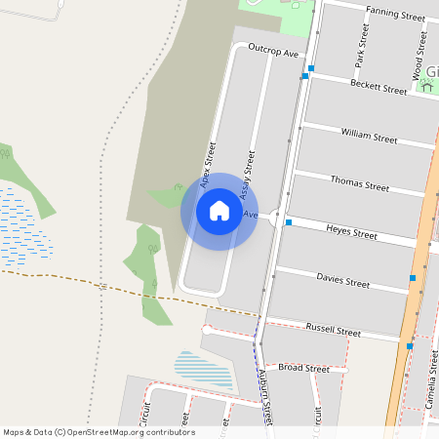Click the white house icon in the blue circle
click(x=219, y=211)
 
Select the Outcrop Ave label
click(x=273, y=49)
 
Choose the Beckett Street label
click(x=378, y=88)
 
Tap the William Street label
click(x=369, y=135)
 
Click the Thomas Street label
click(x=359, y=183)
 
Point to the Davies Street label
click(x=342, y=281)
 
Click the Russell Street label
click(x=333, y=331)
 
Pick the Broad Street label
click(x=303, y=369)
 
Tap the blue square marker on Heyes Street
click(x=289, y=222)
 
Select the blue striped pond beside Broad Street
click(x=204, y=369)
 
